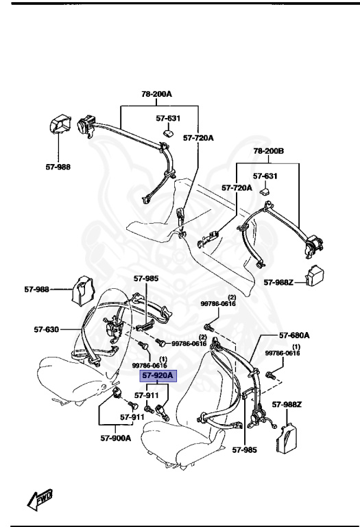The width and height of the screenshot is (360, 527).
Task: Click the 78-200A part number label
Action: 158,93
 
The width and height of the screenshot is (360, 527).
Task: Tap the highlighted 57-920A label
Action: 158,376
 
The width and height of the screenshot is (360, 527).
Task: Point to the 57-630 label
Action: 47,329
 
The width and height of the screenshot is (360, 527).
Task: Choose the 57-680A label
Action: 293,336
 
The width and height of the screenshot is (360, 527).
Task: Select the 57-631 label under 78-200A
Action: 167,118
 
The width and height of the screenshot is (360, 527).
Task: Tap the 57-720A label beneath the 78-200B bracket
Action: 237,187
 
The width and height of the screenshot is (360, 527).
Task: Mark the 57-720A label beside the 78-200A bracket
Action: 198,138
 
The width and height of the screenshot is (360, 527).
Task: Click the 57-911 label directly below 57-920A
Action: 147,395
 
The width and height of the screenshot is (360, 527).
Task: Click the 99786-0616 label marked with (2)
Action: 217,303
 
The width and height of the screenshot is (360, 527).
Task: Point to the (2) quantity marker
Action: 232,296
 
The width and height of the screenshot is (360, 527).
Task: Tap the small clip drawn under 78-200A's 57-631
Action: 167,132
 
